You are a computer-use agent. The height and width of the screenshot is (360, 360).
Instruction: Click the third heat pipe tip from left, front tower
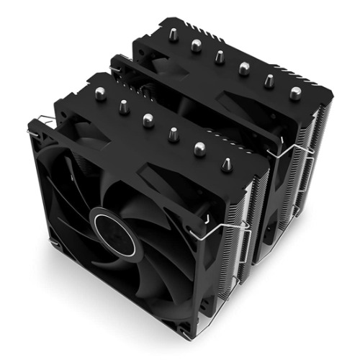point(148,120)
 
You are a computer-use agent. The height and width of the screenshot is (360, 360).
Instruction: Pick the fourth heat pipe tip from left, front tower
point(174,134)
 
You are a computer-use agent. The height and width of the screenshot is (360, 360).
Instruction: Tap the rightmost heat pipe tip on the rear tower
point(295,93)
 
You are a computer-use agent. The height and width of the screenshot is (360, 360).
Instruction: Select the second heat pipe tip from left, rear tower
point(196,45)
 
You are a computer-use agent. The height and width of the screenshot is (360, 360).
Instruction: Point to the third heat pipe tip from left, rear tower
point(220,56)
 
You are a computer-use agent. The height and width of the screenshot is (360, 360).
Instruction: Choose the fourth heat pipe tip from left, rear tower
point(245,68)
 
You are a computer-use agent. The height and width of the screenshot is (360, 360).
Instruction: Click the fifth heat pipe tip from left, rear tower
point(270,81)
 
